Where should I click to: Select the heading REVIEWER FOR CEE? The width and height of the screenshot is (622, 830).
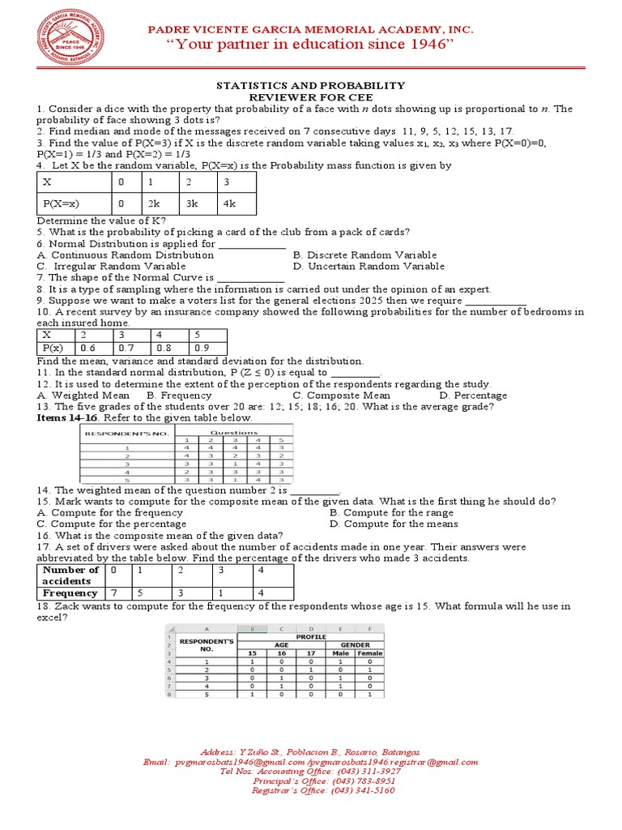(x=310, y=97)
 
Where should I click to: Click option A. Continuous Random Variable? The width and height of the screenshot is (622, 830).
(x=126, y=255)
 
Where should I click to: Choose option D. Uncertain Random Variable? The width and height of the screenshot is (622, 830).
(x=369, y=266)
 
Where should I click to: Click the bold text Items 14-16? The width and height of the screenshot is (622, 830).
(x=69, y=418)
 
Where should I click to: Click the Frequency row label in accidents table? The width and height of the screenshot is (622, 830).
(x=70, y=593)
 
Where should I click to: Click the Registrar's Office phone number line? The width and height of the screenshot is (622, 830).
(x=323, y=790)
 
